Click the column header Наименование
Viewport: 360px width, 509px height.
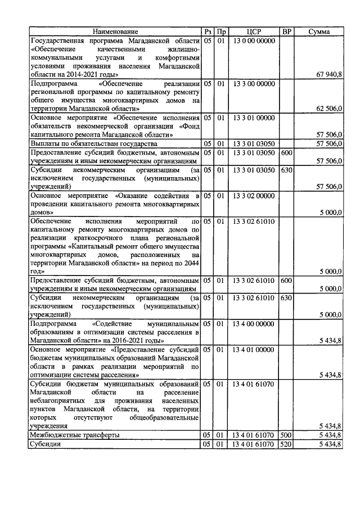tap(115, 32)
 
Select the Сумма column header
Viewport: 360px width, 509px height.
tap(319, 32)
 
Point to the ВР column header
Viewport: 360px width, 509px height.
tap(286, 32)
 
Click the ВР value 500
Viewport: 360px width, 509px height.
tap(286, 435)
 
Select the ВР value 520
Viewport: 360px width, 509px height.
tap(286, 444)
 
